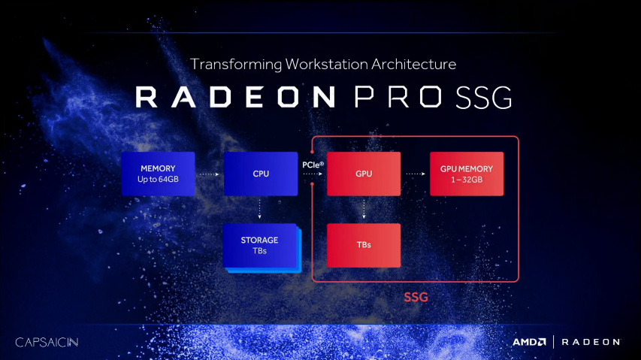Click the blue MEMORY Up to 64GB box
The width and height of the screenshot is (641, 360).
pyautogui.click(x=158, y=174)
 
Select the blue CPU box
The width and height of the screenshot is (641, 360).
pyautogui.click(x=261, y=174)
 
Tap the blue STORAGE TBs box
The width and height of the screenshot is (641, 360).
pyautogui.click(x=260, y=245)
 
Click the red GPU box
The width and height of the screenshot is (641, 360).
pyautogui.click(x=364, y=174)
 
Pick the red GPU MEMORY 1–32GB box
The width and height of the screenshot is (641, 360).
pyautogui.click(x=467, y=174)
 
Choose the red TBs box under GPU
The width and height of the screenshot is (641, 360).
pyautogui.click(x=364, y=245)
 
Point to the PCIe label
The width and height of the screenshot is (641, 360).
pyautogui.click(x=313, y=163)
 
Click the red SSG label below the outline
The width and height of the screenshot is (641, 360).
pyautogui.click(x=416, y=297)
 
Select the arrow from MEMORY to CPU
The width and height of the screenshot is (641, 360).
pyautogui.click(x=209, y=174)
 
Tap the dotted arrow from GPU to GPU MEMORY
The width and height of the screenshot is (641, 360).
pyautogui.click(x=415, y=174)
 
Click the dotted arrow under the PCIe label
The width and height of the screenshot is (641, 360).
pyautogui.click(x=313, y=174)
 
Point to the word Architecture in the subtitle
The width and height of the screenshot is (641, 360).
pyautogui.click(x=410, y=64)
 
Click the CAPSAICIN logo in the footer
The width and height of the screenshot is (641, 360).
pyautogui.click(x=47, y=342)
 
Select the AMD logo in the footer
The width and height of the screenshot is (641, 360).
pyautogui.click(x=529, y=342)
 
